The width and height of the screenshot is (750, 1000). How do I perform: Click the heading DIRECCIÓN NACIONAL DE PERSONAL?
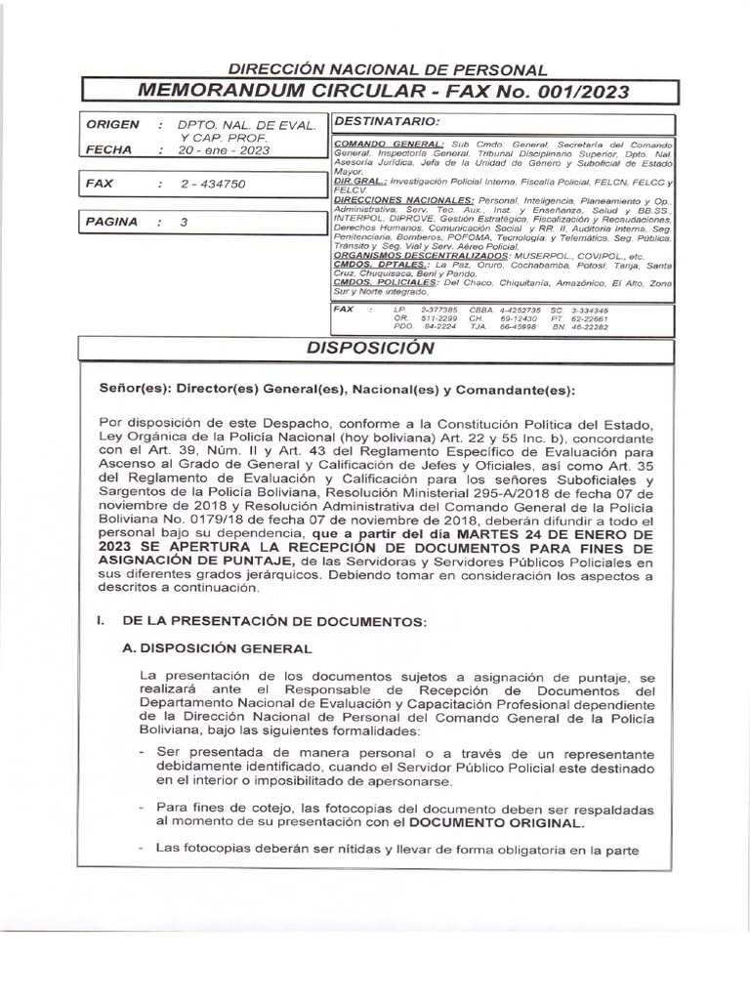coord(388,70)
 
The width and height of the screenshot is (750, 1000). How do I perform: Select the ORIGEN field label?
coord(112,125)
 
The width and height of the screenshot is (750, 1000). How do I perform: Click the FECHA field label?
coord(108,150)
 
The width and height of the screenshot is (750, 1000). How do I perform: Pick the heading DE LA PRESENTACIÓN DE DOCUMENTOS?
coord(273,621)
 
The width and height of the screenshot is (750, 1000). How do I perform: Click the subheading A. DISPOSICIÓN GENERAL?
coord(227,648)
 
